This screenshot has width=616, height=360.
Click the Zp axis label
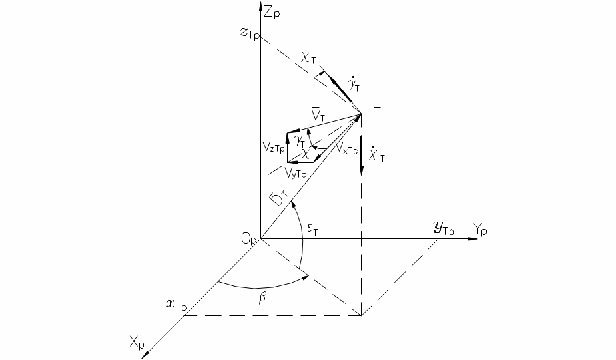click(x=272, y=12)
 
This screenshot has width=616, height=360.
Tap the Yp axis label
click(x=479, y=229)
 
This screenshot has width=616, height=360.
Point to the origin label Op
click(x=249, y=238)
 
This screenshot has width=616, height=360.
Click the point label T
click(x=377, y=112)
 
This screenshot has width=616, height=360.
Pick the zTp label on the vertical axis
click(x=250, y=33)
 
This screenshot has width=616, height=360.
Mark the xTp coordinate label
click(x=176, y=305)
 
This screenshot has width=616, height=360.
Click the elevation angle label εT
click(x=313, y=230)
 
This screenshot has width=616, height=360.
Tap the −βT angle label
click(x=261, y=299)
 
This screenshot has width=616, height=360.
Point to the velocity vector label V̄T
click(x=318, y=114)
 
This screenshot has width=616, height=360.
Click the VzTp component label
click(x=274, y=147)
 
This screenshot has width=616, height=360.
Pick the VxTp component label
click(x=347, y=148)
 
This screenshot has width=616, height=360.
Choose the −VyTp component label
click(x=291, y=172)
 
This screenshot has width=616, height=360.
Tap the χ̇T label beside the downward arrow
click(x=377, y=154)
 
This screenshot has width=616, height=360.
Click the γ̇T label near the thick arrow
click(x=354, y=85)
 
